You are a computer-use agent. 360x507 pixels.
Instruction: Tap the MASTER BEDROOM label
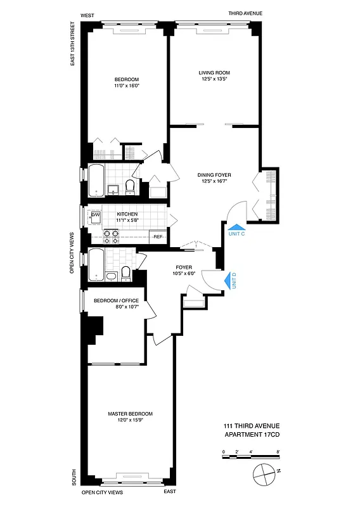click(x=130, y=414)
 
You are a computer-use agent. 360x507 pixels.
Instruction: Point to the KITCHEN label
click(x=127, y=214)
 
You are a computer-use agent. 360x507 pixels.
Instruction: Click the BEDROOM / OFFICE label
click(x=116, y=300)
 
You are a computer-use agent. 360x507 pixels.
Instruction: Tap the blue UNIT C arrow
click(x=235, y=227)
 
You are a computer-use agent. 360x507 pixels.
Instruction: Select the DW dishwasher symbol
click(x=96, y=215)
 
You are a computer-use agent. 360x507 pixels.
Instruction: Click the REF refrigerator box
click(x=158, y=237)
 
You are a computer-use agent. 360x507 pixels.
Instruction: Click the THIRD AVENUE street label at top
click(x=247, y=13)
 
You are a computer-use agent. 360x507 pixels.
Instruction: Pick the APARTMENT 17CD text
click(x=251, y=434)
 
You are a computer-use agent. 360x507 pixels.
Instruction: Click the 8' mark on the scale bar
click(x=278, y=452)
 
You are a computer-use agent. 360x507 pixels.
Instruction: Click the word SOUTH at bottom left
click(x=74, y=477)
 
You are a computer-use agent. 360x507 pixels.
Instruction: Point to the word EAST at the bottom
click(x=169, y=492)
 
